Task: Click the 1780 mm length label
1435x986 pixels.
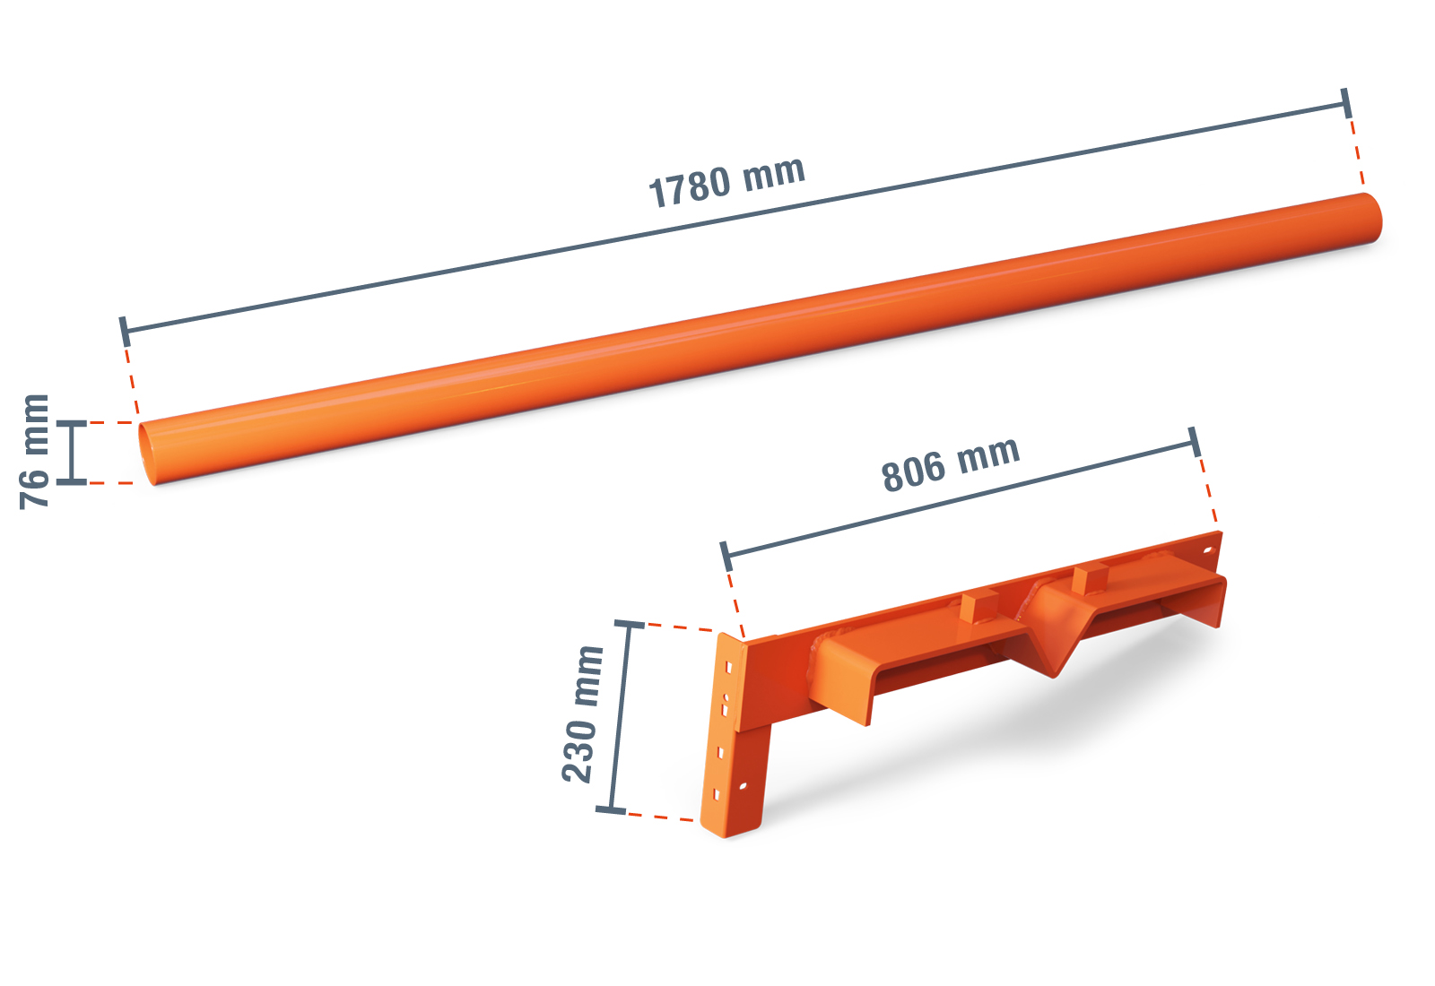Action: coord(726,182)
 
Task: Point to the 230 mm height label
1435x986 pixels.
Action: coord(582,714)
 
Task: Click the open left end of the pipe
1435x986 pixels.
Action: coord(148,453)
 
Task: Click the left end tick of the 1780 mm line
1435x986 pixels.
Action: coord(125,331)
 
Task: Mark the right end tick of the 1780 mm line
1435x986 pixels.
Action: coord(1346,103)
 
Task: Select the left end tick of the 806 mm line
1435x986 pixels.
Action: coord(726,556)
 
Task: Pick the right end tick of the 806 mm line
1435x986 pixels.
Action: coord(1194,442)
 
